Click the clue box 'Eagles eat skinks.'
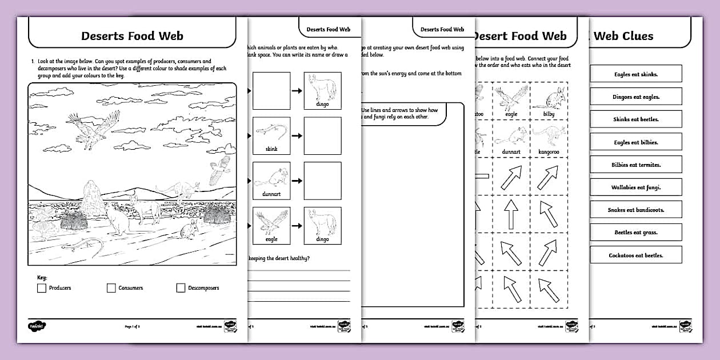635,74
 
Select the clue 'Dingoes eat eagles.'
635,97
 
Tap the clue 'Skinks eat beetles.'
635,119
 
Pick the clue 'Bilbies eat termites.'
635,165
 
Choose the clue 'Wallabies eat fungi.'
635,187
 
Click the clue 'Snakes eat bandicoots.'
635,210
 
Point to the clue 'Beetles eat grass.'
635,233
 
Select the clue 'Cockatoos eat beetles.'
635,255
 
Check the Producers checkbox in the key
41,288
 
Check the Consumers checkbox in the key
111,288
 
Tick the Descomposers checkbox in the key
181,288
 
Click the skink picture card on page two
271,135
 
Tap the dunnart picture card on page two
271,181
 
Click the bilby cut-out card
549,100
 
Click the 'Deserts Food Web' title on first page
132,36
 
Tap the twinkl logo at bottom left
37,326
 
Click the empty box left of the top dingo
271,91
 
